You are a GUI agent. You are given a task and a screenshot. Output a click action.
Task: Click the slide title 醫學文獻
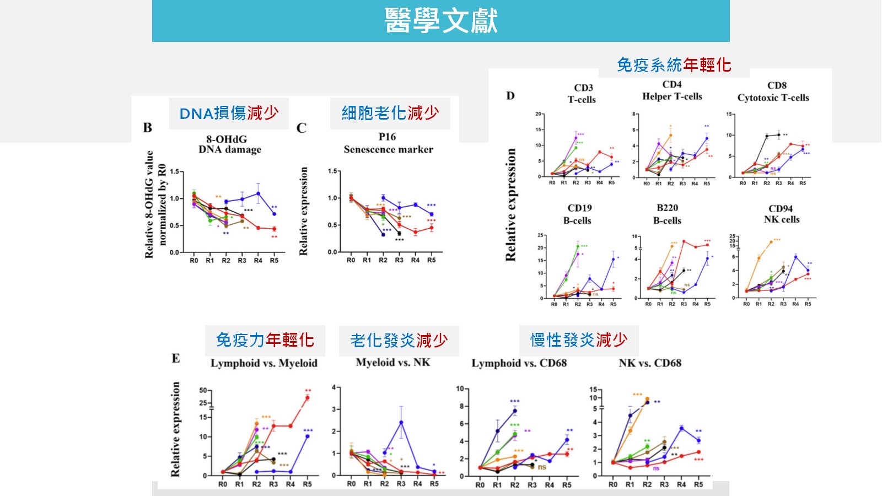(441, 20)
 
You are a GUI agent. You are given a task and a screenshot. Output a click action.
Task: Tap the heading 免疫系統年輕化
(674, 65)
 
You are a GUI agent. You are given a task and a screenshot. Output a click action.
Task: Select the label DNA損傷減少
(229, 113)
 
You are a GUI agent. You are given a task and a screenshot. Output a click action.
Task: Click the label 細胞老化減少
(390, 113)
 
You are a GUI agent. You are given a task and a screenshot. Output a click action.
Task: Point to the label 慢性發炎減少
(579, 340)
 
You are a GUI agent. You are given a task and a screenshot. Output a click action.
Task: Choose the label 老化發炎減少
(399, 341)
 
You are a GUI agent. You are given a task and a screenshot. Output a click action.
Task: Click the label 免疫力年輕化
(265, 340)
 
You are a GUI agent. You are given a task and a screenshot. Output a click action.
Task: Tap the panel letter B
(147, 128)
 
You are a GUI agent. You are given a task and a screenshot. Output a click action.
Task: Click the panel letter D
(510, 96)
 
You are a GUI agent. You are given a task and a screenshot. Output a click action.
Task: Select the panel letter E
(176, 359)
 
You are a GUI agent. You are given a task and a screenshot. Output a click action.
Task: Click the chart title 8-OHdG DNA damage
(230, 144)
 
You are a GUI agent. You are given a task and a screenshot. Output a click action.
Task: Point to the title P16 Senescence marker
(388, 143)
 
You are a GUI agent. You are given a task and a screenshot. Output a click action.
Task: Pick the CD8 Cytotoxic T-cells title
(773, 91)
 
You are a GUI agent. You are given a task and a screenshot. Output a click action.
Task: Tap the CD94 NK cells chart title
(781, 214)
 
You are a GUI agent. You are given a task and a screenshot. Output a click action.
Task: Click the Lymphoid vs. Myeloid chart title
(264, 363)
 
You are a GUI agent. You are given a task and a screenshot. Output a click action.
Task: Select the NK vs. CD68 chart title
(650, 363)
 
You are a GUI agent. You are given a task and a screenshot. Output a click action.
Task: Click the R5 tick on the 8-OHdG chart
(274, 261)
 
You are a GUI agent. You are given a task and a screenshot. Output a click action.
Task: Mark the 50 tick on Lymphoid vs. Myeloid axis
(203, 390)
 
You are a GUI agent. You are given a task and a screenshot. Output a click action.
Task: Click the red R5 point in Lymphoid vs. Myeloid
(307, 398)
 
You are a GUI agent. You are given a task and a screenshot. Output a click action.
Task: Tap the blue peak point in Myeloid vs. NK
(401, 423)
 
